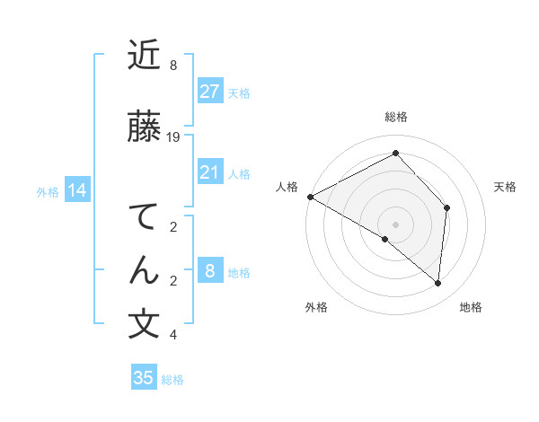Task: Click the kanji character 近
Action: coord(145,56)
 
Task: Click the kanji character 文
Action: coord(145,324)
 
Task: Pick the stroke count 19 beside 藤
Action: coord(173,137)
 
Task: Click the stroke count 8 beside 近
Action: coord(173,66)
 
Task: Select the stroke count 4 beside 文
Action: coord(173,335)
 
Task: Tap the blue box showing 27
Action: coord(209,91)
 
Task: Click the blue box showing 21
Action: coord(209,172)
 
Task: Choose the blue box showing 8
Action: coord(209,271)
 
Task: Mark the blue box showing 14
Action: coord(76,190)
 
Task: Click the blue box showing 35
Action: coord(144,378)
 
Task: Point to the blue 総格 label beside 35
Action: coord(172,380)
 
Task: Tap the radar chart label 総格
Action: coord(396,117)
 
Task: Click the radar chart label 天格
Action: coord(506,187)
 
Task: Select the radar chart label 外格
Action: coord(316,307)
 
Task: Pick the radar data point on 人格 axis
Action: coord(310,196)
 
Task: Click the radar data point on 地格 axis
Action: coord(437,283)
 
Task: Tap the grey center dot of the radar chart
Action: coord(395,224)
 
